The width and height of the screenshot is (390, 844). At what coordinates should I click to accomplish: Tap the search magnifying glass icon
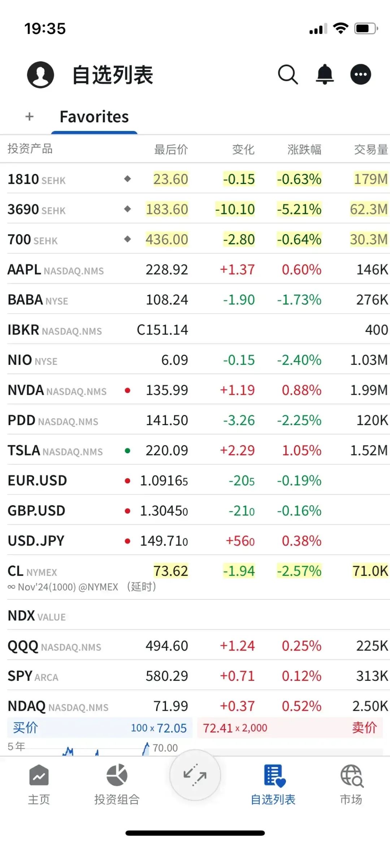click(x=288, y=75)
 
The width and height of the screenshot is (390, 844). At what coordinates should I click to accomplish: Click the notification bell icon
click(x=325, y=74)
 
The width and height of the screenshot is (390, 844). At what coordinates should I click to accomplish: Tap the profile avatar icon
click(x=40, y=75)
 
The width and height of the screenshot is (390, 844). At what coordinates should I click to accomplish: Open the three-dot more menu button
click(x=360, y=74)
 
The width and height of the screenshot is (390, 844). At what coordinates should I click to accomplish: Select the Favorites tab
click(x=94, y=117)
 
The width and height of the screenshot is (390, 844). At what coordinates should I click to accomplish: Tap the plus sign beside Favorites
click(x=30, y=117)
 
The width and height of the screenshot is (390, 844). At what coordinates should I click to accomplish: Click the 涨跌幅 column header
click(x=304, y=149)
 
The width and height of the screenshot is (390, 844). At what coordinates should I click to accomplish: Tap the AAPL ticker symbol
click(x=24, y=270)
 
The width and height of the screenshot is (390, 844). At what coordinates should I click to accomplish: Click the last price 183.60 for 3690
click(x=167, y=209)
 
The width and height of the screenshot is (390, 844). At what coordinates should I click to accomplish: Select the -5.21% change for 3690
click(x=299, y=209)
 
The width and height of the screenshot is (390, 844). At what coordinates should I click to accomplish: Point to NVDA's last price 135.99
click(x=167, y=390)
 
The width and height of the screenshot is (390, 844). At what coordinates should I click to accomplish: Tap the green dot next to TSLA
click(x=127, y=450)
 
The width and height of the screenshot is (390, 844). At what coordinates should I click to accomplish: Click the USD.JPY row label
click(x=36, y=541)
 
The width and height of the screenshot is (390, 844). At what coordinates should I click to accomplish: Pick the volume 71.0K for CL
click(x=370, y=571)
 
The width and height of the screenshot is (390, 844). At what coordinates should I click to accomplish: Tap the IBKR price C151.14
click(x=162, y=330)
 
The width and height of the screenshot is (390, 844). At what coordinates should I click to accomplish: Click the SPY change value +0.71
click(x=237, y=676)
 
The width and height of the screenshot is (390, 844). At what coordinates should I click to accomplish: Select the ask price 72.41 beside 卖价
click(x=218, y=728)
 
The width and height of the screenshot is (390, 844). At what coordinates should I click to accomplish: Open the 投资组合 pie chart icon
click(x=117, y=775)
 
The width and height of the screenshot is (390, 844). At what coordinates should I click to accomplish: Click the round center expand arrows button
click(x=195, y=775)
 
